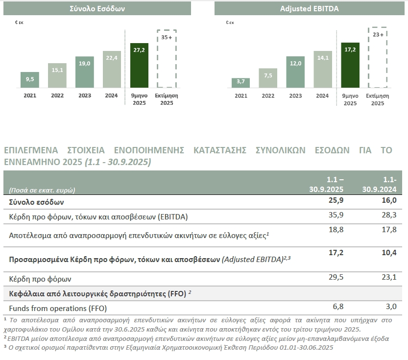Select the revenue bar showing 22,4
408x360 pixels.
112,69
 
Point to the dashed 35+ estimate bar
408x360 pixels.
167,58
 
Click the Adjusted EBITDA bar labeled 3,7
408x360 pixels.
240,83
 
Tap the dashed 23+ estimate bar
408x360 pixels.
377,58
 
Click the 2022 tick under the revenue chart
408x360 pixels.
57,96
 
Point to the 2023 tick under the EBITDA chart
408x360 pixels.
295,96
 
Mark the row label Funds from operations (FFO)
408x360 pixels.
58,308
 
